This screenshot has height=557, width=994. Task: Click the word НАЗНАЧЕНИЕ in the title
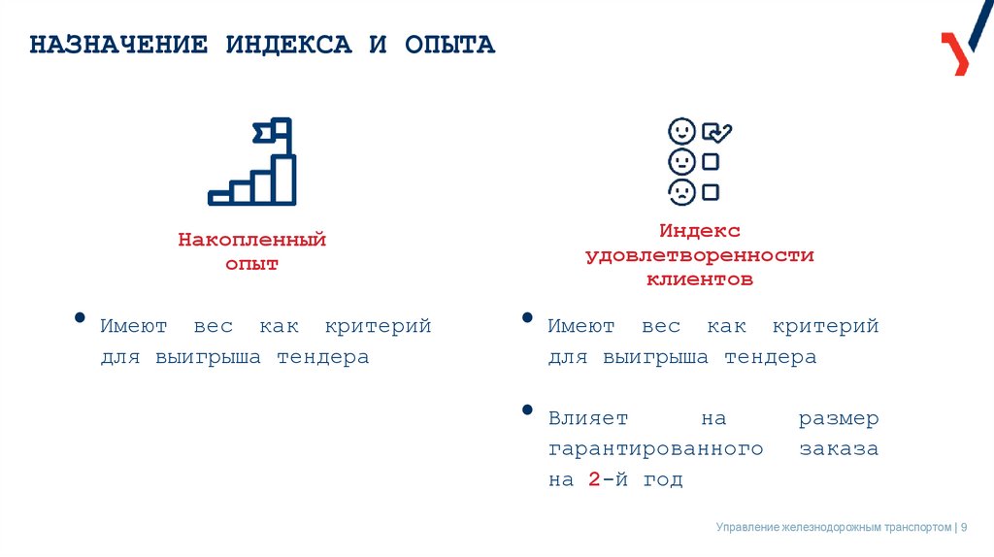(x=118, y=46)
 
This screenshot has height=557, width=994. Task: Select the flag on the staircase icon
(x=274, y=130)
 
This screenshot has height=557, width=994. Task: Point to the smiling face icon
(x=681, y=132)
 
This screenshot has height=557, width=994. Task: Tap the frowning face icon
(x=681, y=191)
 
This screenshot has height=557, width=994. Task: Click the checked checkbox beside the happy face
(x=715, y=132)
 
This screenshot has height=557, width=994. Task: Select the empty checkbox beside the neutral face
(x=711, y=161)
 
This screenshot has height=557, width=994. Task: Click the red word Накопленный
(x=251, y=240)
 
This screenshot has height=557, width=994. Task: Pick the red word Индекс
(x=700, y=231)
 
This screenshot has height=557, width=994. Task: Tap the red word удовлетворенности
(x=699, y=255)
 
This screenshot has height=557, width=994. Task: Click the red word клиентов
(x=700, y=279)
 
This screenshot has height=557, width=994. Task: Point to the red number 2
(x=593, y=479)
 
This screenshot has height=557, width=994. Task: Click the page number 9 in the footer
(x=965, y=527)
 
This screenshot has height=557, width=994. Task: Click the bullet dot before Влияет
(x=527, y=410)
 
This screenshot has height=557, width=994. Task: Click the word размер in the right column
(x=839, y=419)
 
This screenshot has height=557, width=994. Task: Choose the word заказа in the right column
(x=839, y=449)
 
